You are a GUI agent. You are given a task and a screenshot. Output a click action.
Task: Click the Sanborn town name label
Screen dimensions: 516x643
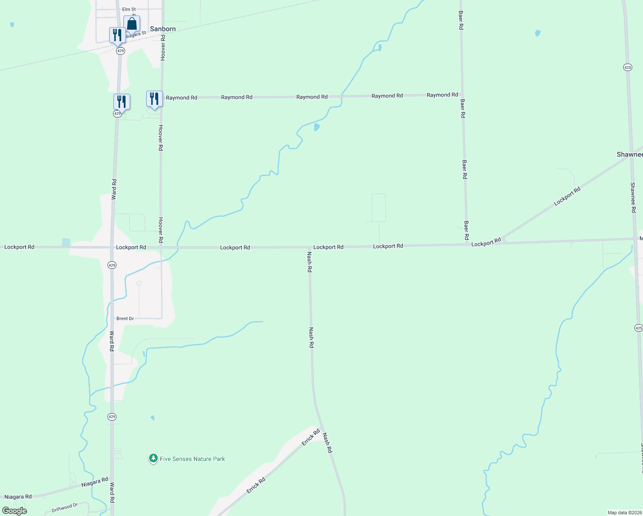click(x=162, y=29)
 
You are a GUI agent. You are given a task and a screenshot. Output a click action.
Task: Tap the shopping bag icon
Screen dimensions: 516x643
click(x=132, y=24)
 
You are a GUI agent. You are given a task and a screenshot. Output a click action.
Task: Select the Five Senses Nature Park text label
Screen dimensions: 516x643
click(x=192, y=459)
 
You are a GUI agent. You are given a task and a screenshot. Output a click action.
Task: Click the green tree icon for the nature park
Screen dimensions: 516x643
click(x=153, y=458)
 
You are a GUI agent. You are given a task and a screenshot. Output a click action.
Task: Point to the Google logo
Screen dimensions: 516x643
click(x=14, y=511)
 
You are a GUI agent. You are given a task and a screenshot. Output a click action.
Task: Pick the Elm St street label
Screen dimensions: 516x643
click(x=129, y=9)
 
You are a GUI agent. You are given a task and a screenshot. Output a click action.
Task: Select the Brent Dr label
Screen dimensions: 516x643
click(x=125, y=319)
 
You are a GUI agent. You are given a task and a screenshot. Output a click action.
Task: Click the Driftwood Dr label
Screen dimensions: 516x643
click(x=64, y=508)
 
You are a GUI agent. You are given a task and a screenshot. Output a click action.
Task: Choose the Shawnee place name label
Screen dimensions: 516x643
click(x=630, y=154)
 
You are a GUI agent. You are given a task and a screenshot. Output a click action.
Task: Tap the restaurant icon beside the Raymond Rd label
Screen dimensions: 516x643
click(x=154, y=99)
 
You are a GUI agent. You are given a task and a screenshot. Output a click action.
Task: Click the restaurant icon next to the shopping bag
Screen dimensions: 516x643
click(x=117, y=35)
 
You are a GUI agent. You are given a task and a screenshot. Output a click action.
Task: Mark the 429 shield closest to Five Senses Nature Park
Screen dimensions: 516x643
click(x=112, y=417)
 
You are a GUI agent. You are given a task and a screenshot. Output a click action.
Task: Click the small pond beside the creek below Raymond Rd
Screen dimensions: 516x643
click(x=317, y=127)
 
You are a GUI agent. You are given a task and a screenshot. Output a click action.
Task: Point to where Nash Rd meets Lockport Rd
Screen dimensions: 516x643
click(x=309, y=247)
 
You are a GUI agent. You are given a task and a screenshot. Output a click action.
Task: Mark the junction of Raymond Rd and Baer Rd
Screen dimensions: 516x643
click(x=462, y=95)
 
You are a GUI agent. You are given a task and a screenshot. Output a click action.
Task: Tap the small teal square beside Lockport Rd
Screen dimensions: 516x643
click(x=66, y=242)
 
